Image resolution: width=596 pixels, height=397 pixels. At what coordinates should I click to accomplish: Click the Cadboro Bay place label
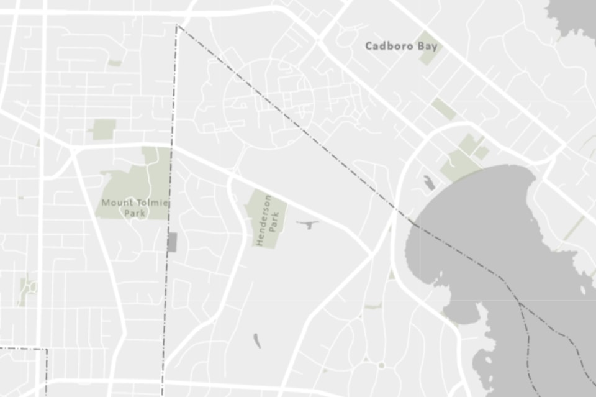pyautogui.click(x=401, y=46)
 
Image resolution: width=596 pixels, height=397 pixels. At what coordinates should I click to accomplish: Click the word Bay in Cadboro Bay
pyautogui.click(x=428, y=46)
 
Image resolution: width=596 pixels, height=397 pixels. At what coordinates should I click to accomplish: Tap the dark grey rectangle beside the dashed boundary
pyautogui.click(x=172, y=242)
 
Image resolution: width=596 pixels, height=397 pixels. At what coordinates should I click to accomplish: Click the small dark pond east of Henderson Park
pyautogui.click(x=307, y=223)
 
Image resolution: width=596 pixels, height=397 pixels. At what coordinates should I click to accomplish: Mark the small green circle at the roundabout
pyautogui.click(x=381, y=365)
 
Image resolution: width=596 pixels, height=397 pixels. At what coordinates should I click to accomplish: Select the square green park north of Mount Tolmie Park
pyautogui.click(x=104, y=129)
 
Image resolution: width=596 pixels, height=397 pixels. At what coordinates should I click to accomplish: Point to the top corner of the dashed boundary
pyautogui.click(x=177, y=25)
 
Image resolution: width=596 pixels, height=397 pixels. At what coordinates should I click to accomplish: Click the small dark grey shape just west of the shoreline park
pyautogui.click(x=429, y=183)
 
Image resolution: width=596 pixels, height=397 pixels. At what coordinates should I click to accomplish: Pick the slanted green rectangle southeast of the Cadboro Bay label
pyautogui.click(x=444, y=108)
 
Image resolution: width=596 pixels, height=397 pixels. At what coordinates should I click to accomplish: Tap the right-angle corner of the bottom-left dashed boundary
pyautogui.click(x=47, y=349)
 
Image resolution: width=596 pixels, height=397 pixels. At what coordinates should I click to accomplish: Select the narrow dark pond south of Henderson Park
pyautogui.click(x=257, y=340)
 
